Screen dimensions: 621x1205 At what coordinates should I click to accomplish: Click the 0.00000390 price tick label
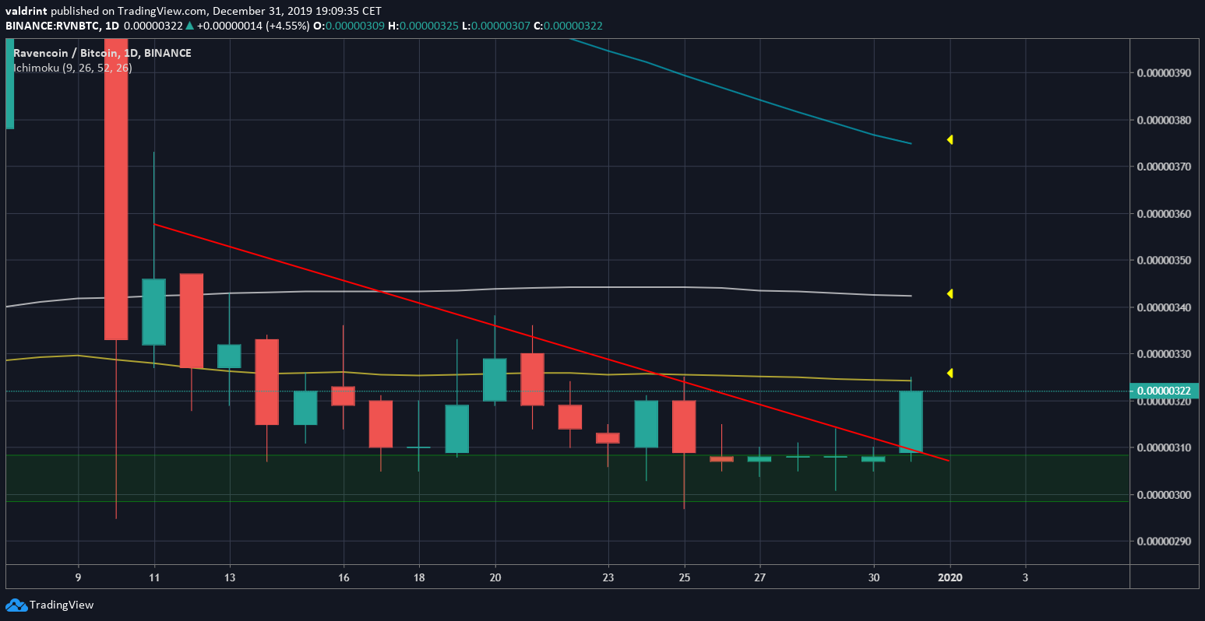click(1164, 73)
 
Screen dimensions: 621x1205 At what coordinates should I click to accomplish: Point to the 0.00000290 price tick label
click(1164, 541)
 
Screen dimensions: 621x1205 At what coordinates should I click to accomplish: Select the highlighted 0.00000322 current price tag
click(1164, 391)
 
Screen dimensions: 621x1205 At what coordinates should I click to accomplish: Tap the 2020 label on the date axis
click(950, 577)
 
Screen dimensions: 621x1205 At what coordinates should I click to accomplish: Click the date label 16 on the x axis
click(344, 577)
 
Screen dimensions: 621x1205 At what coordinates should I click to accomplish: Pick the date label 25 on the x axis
click(685, 577)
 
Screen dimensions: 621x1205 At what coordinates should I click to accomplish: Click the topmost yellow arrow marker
click(950, 140)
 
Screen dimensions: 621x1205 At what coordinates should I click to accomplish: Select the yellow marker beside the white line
click(950, 294)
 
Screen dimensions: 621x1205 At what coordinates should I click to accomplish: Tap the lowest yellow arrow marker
click(950, 374)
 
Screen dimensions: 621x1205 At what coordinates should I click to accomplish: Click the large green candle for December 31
click(911, 422)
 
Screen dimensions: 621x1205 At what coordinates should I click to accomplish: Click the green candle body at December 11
click(153, 311)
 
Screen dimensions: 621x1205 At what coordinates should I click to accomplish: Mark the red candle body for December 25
click(684, 426)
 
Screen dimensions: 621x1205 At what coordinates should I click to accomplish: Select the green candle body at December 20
click(495, 380)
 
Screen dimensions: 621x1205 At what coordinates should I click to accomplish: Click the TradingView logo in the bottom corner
click(50, 605)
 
